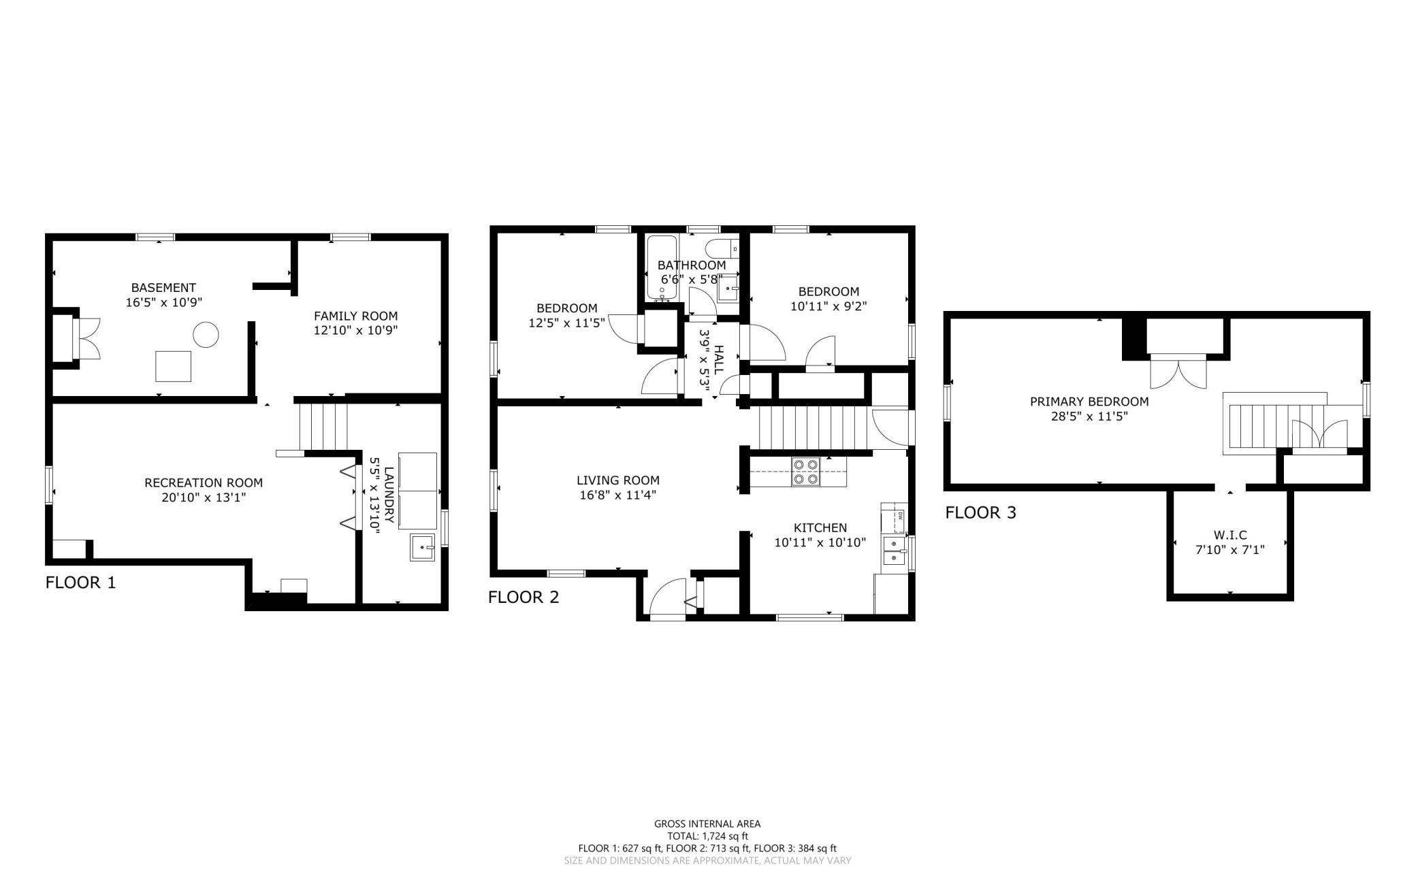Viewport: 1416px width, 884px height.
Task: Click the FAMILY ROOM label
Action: click(355, 316)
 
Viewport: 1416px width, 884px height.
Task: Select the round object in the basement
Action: click(206, 334)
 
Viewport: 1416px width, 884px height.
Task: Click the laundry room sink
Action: click(423, 547)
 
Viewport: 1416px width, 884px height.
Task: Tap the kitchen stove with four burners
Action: click(806, 472)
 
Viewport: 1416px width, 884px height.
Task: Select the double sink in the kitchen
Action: click(894, 552)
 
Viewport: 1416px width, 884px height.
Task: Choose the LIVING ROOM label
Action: click(618, 480)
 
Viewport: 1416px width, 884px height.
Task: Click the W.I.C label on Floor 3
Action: click(1230, 536)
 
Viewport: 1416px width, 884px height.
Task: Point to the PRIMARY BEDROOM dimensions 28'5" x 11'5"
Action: click(1089, 416)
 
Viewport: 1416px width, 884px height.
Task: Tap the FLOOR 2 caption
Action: click(524, 597)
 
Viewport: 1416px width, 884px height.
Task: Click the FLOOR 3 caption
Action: click(980, 512)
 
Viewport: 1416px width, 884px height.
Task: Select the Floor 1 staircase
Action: click(323, 427)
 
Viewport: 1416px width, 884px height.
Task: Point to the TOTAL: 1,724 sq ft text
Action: click(707, 836)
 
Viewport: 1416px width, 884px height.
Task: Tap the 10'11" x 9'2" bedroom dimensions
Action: click(828, 306)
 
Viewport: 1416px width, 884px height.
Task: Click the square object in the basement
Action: click(173, 366)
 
